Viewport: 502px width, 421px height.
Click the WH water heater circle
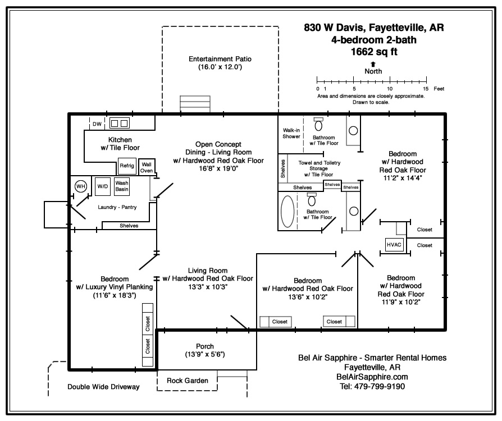pyautogui.click(x=80, y=186)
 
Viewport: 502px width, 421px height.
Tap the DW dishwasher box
pyautogui.click(x=97, y=123)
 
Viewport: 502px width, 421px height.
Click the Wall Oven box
pyautogui.click(x=147, y=167)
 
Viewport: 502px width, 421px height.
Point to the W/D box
pyautogui.click(x=102, y=186)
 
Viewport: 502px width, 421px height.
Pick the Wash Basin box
pyautogui.click(x=122, y=186)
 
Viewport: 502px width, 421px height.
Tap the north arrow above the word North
pyautogui.click(x=373, y=64)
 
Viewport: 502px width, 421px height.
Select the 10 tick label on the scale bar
pyautogui.click(x=390, y=89)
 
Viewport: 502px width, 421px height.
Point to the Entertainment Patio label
pyautogui.click(x=219, y=59)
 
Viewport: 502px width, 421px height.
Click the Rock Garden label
pyautogui.click(x=188, y=381)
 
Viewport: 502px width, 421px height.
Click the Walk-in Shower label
pyautogui.click(x=291, y=133)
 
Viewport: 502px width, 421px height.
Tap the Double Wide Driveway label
pyautogui.click(x=103, y=387)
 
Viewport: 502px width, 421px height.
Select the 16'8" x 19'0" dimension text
pyautogui.click(x=218, y=168)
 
